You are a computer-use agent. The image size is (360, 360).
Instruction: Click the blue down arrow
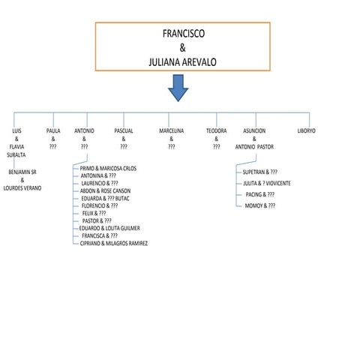click(178, 88)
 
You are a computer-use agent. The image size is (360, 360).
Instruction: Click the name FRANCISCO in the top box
click(183, 34)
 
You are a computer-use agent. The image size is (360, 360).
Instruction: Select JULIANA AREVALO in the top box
click(183, 63)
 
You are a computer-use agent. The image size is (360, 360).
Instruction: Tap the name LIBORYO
click(306, 130)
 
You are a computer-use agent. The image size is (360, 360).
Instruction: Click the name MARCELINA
click(171, 130)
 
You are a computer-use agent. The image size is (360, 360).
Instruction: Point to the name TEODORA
click(216, 130)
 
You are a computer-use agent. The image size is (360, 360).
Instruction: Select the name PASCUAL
click(124, 130)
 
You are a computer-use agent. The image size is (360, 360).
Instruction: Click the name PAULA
click(53, 130)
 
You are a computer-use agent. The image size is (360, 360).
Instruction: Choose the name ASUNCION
click(254, 130)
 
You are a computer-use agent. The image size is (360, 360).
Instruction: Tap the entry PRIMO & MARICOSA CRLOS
click(108, 169)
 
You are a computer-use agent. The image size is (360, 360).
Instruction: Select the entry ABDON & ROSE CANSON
click(105, 190)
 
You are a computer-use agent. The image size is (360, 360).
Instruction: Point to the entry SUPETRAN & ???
click(260, 172)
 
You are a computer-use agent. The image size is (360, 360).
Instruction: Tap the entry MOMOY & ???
click(259, 205)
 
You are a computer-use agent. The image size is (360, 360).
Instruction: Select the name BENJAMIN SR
click(21, 172)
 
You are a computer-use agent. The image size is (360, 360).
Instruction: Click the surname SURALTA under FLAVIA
click(16, 154)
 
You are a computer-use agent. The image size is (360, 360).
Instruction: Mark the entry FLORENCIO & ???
click(100, 205)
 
